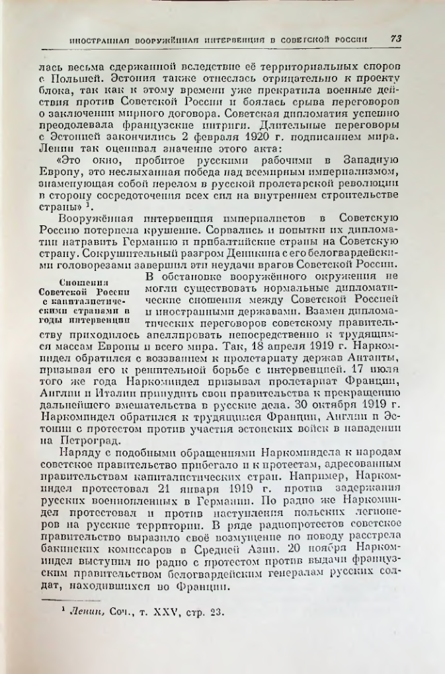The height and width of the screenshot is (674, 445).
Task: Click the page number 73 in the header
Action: [x=396, y=39]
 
